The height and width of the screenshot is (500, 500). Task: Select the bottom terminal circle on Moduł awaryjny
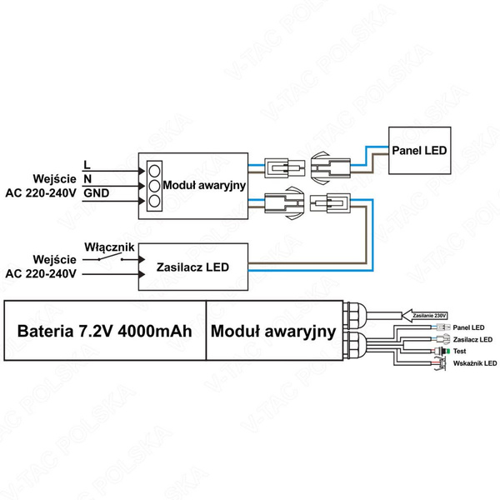(x=153, y=200)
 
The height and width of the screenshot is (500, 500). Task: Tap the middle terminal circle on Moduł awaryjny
(x=153, y=184)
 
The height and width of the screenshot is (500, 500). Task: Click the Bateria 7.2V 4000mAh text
(x=105, y=331)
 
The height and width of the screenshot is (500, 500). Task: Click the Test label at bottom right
(x=461, y=352)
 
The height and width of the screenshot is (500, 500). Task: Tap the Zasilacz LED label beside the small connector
(x=473, y=340)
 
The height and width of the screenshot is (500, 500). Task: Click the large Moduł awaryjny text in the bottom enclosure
(x=272, y=331)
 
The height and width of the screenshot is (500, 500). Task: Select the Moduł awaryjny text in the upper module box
(x=203, y=184)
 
